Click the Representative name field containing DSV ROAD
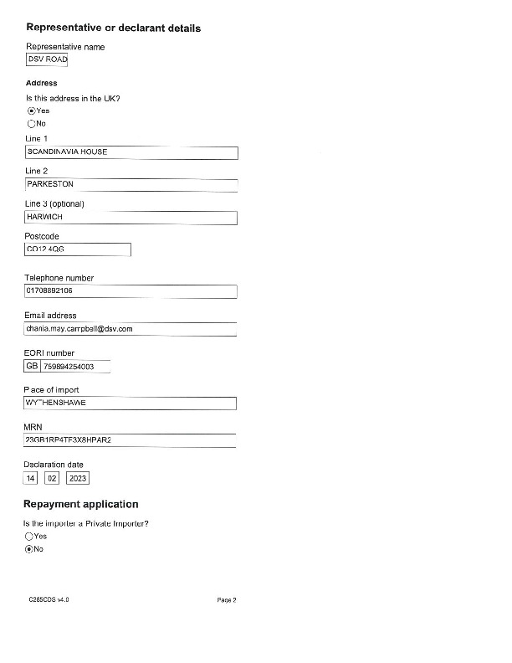point(47,59)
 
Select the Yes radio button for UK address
point(31,110)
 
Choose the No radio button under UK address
point(31,123)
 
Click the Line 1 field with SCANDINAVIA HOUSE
point(131,152)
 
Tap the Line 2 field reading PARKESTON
point(131,185)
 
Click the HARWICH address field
point(131,218)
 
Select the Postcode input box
point(78,249)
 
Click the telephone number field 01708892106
point(131,292)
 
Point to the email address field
point(131,330)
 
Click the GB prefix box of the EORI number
point(33,367)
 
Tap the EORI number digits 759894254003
point(75,367)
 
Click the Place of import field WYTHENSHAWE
point(131,403)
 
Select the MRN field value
point(131,440)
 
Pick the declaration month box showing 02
point(51,478)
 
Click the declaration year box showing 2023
point(77,478)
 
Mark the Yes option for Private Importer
point(30,537)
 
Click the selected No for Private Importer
point(30,549)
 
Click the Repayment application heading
point(80,505)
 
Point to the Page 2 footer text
point(227,600)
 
